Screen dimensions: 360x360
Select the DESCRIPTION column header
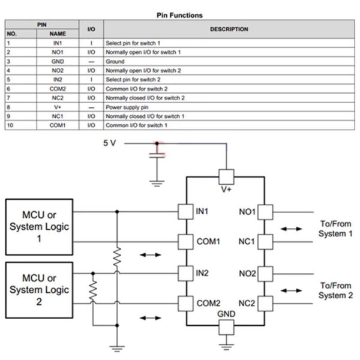(x=229, y=29)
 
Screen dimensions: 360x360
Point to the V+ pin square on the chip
(x=226, y=176)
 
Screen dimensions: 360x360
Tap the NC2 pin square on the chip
(x=266, y=303)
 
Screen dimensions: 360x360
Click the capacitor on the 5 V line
(x=157, y=157)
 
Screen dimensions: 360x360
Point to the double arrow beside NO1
(x=292, y=229)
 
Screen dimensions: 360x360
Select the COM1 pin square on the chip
(x=185, y=242)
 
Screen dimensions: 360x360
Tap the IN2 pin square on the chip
(x=185, y=272)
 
